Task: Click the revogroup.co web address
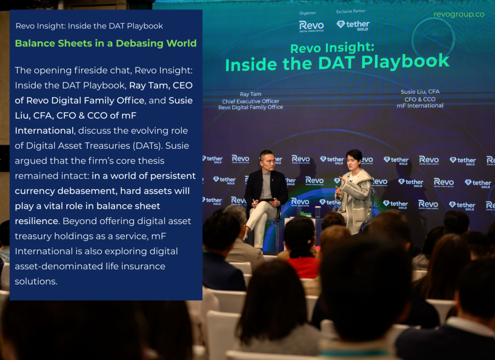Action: coord(459,14)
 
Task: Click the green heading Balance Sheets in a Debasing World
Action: coord(106,43)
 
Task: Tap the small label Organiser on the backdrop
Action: coord(307,13)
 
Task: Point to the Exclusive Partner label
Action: coord(351,12)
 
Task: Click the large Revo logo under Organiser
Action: coord(311,26)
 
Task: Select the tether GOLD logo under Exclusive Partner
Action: coord(353,25)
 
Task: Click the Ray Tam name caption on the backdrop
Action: coord(250,94)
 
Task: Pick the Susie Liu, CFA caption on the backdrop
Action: coord(420,92)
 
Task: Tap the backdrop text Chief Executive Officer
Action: coord(251,101)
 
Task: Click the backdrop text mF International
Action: coord(420,106)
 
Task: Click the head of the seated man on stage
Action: coord(266,160)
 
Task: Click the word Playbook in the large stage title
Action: coord(406,61)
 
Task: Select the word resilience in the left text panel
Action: coord(37,221)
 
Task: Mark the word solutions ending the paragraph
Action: coord(36,281)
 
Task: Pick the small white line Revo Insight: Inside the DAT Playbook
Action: coord(89,26)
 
